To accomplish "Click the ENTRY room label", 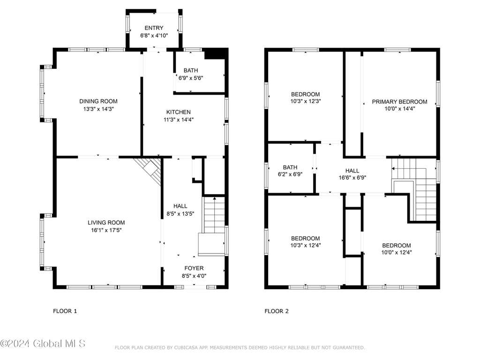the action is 154,28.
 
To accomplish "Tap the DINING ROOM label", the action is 98,101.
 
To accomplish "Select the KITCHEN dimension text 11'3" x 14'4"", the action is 179,120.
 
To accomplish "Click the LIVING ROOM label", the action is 106,223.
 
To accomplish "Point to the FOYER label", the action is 194,269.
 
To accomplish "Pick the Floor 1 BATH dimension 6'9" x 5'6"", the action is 191,78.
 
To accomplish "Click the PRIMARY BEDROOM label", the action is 399,102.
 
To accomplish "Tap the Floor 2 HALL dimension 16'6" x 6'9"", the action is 352,178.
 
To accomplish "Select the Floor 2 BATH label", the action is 290,167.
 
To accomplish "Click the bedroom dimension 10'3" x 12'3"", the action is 306,101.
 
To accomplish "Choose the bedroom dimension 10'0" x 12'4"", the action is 397,253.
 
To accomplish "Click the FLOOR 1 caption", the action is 65,311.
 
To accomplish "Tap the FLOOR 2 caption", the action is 277,311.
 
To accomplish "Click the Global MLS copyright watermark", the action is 43,344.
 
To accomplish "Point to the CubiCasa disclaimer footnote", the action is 240,348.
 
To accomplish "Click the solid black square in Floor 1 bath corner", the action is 216,53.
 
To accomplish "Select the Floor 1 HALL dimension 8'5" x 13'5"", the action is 180,214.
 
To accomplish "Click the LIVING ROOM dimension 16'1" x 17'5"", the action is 106,230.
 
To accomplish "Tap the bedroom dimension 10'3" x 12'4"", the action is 306,246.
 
